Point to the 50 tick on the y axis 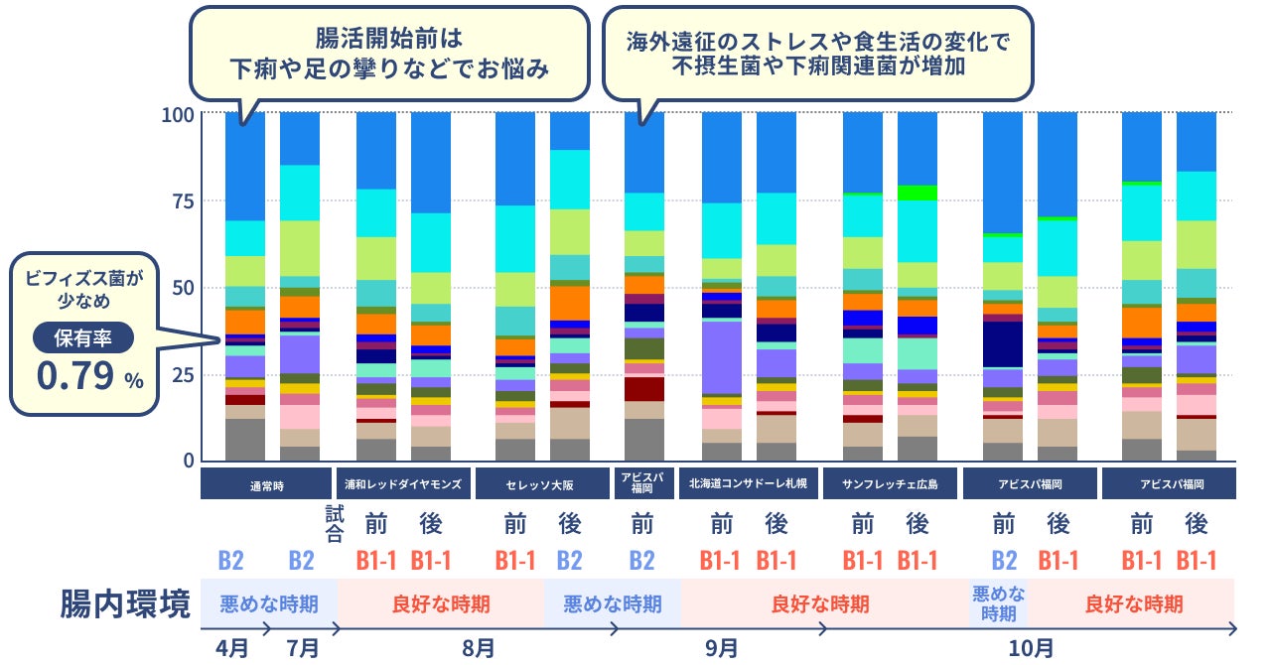[182, 288]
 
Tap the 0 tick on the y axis [187, 461]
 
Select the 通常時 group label [265, 485]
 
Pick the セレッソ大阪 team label [541, 485]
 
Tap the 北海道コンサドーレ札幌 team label [748, 485]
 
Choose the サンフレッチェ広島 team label [890, 485]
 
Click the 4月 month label [233, 648]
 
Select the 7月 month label [303, 648]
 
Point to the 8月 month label [479, 648]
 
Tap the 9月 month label [722, 648]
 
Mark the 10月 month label [1032, 648]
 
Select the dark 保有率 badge [83, 338]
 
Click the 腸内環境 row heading [125, 603]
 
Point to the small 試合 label [334, 523]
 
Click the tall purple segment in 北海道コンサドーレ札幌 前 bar [722, 357]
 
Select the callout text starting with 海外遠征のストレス [817, 55]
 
